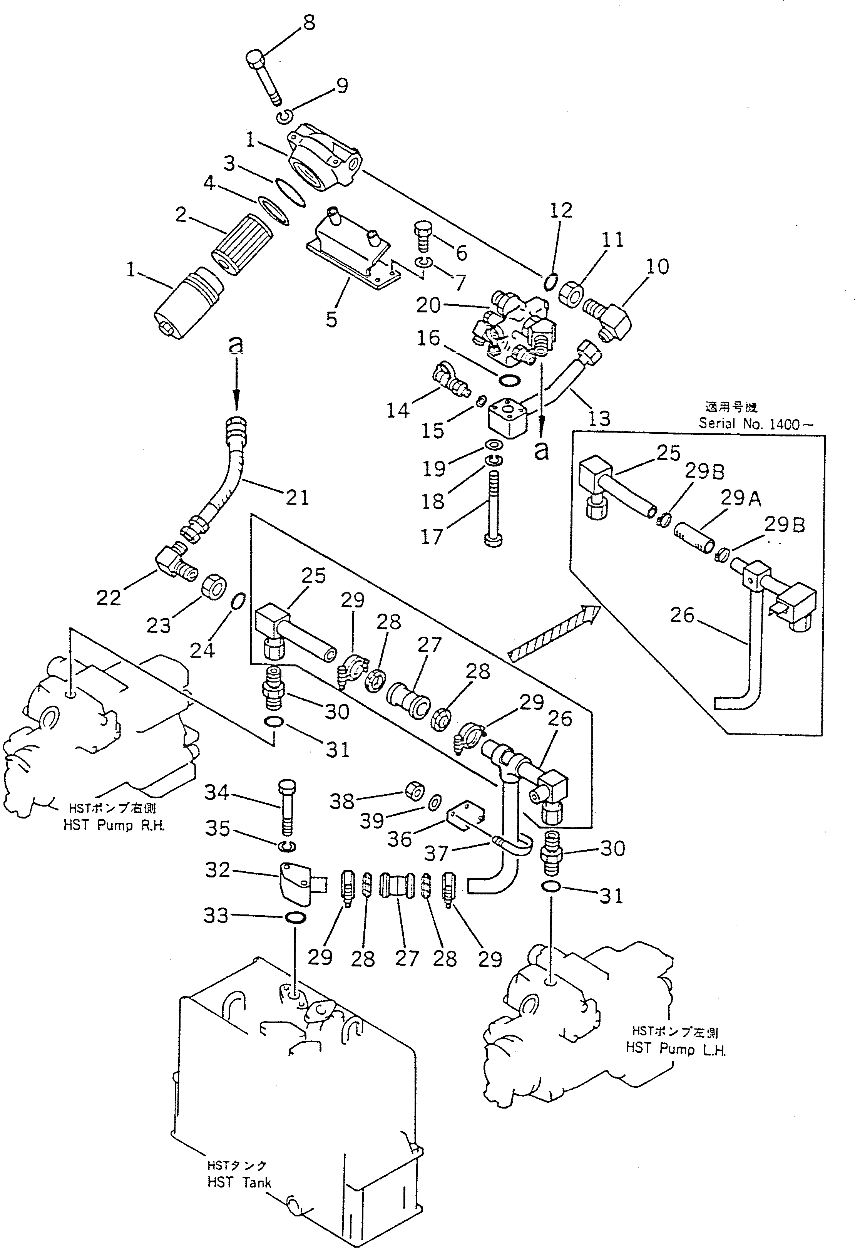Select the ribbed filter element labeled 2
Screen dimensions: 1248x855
pos(243,240)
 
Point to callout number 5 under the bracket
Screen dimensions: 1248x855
pos(332,319)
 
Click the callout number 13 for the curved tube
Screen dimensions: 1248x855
pos(599,418)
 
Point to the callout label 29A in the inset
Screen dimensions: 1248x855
pos(740,498)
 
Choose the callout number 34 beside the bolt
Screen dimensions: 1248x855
pos(216,793)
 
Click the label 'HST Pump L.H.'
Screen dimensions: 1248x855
pos(675,1049)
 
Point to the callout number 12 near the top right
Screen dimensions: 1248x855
pos(561,210)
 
